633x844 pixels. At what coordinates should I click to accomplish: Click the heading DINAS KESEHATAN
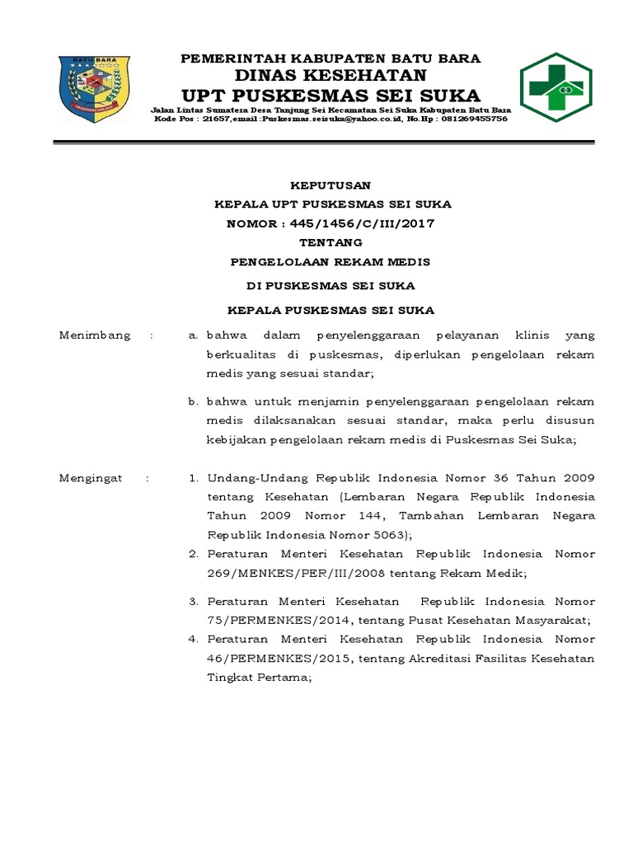click(331, 76)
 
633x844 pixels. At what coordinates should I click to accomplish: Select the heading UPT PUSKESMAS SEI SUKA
click(331, 95)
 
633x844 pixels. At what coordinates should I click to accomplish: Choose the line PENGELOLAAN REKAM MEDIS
click(331, 262)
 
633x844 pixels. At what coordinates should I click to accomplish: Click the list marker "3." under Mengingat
click(194, 602)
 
